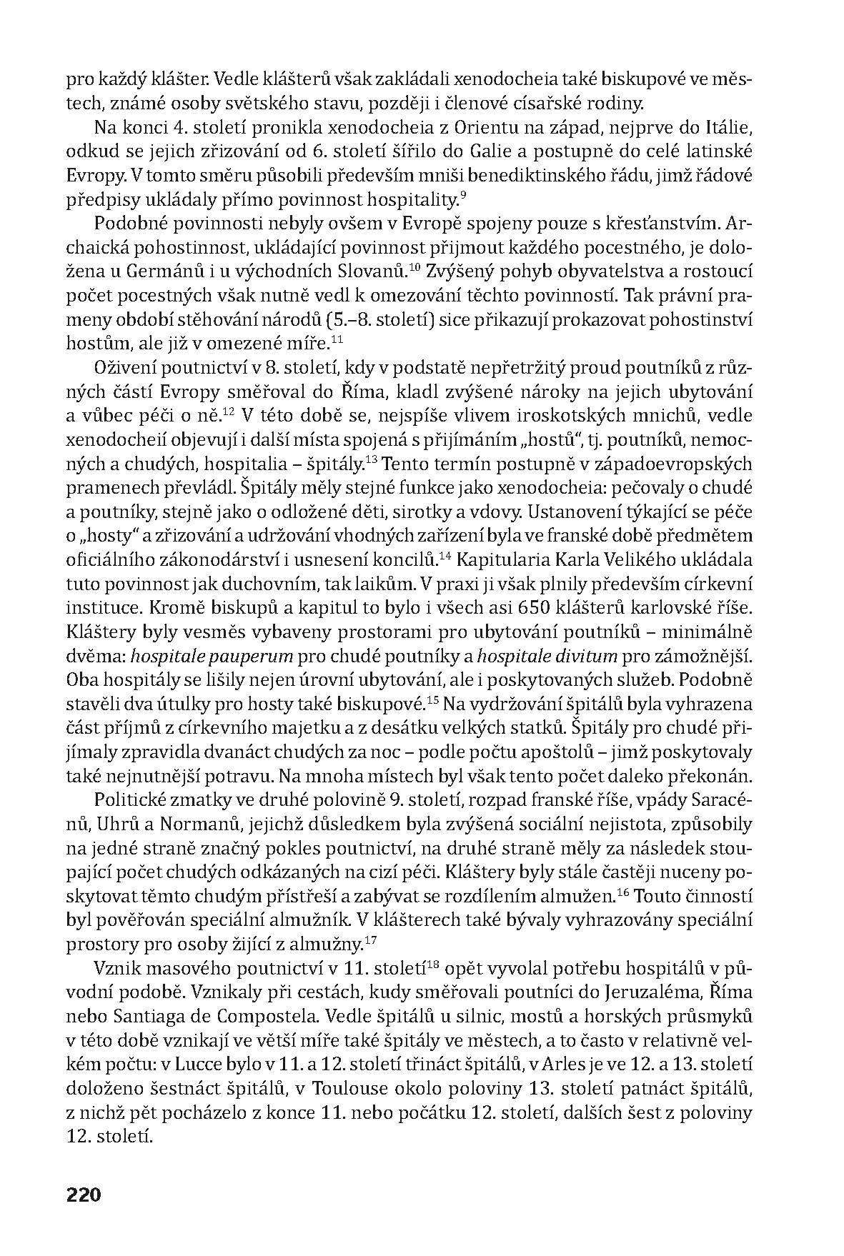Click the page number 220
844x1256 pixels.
pos(84,1195)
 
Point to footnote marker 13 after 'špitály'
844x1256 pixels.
pos(371,460)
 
